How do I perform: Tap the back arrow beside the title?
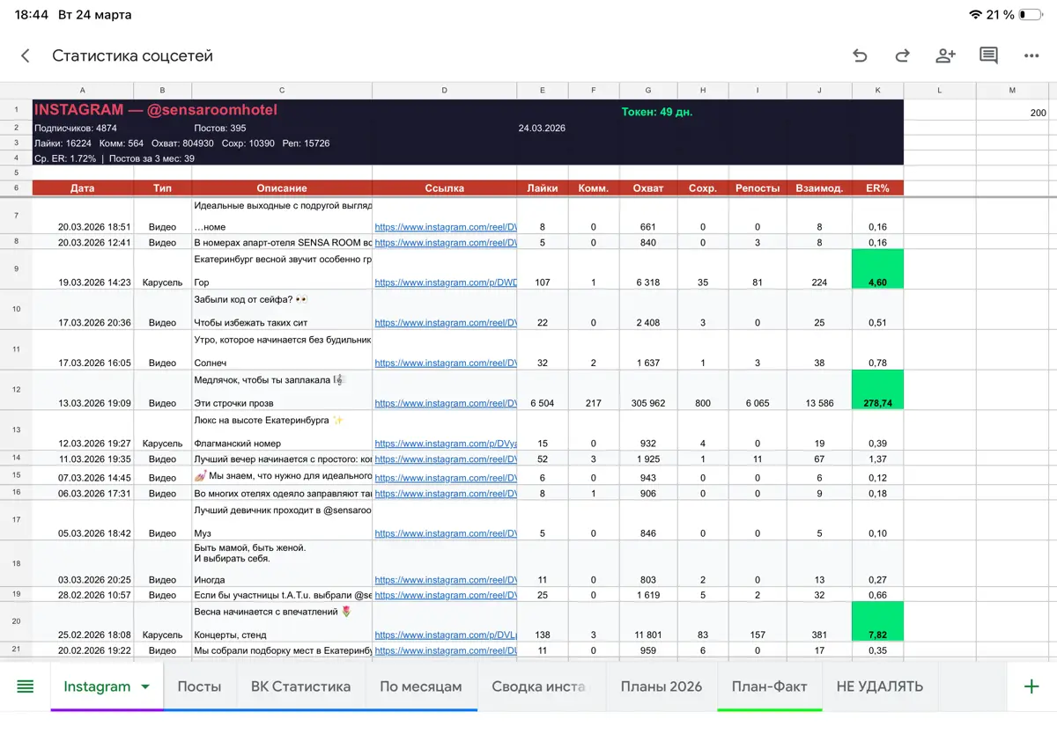(26, 55)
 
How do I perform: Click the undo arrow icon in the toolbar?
(860, 55)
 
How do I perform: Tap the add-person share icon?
(945, 55)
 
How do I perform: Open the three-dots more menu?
(1031, 56)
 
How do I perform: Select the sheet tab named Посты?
(199, 686)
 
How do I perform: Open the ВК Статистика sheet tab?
(300, 686)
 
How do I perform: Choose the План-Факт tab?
(769, 686)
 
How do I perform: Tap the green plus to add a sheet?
(1031, 686)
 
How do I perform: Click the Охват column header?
(648, 188)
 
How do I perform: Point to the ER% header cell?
(877, 188)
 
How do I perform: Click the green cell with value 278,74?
(877, 390)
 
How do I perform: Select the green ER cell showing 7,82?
(877, 621)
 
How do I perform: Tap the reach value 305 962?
(648, 403)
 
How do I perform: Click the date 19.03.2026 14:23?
(94, 283)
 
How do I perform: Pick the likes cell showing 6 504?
(543, 403)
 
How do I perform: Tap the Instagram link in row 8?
(446, 242)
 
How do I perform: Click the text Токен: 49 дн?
(656, 112)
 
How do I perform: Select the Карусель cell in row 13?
(162, 444)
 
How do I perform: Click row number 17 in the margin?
(16, 519)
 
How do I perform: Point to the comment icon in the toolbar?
(988, 55)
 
